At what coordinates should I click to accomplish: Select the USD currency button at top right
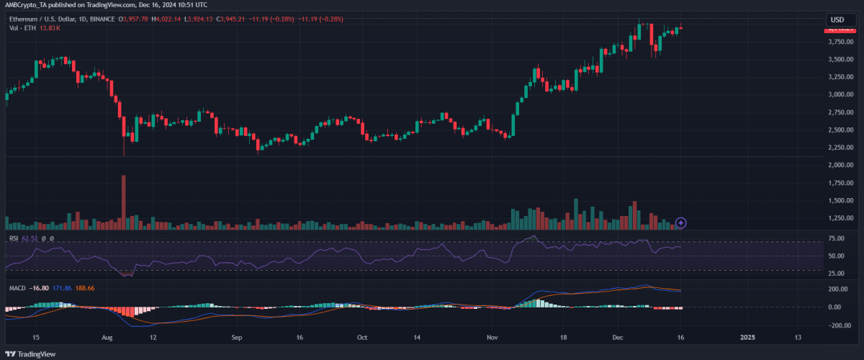click(837, 19)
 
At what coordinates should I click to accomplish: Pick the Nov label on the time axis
click(492, 337)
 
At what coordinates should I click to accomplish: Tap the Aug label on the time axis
click(107, 337)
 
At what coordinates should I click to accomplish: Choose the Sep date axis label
click(237, 337)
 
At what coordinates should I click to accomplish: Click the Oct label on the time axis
click(362, 337)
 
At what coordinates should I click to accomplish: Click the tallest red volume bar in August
click(124, 202)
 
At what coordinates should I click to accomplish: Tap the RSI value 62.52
click(29, 238)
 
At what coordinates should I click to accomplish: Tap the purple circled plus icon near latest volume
click(681, 223)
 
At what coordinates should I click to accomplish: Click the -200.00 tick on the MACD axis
click(837, 325)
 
